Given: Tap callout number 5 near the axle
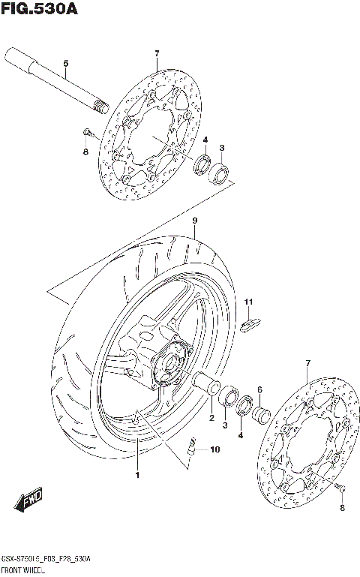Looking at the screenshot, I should (x=65, y=64).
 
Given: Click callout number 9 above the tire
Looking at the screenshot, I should (x=193, y=221).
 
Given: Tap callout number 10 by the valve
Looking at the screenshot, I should (x=215, y=450).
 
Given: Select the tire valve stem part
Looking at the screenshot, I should (x=193, y=448).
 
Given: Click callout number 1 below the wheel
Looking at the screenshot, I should (x=137, y=475).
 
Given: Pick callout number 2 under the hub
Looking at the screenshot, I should (x=211, y=418).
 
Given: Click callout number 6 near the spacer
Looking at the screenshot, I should (x=259, y=389).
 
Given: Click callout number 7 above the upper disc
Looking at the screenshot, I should (x=157, y=53).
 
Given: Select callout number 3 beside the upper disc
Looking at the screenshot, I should (x=222, y=148).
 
